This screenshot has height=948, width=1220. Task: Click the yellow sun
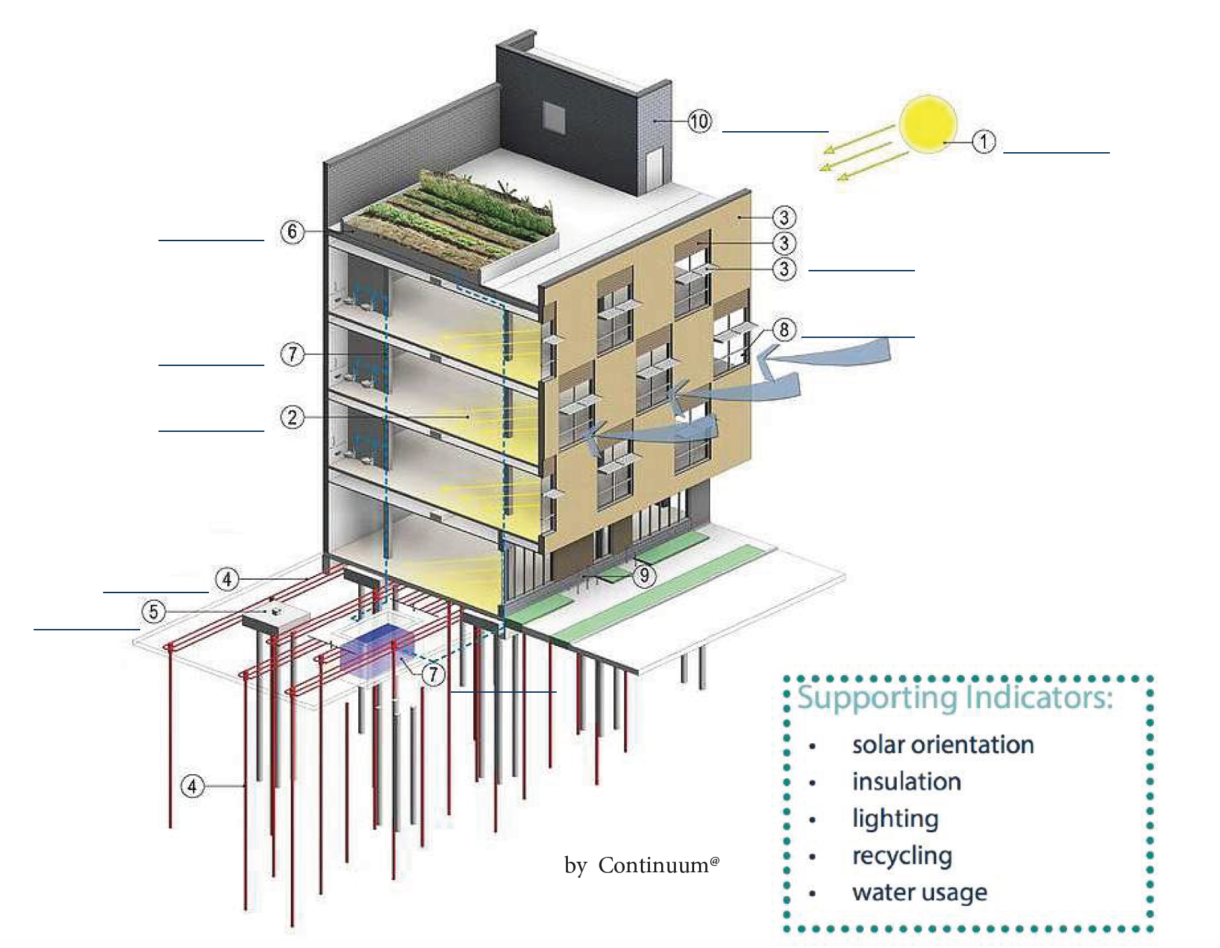[x=928, y=124]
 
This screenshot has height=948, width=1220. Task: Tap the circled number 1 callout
[x=984, y=142]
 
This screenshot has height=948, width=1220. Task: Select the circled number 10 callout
[x=699, y=121]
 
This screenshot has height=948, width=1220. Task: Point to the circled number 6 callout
[x=292, y=231]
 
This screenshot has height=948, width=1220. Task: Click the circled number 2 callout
[x=292, y=418]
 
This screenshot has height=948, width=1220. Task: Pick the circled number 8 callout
[x=784, y=330]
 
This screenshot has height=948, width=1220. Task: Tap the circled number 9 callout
[x=644, y=576]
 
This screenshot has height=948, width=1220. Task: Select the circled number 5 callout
[x=154, y=611]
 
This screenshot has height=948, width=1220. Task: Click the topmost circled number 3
[x=784, y=217]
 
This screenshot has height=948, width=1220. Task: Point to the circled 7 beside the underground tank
[x=433, y=675]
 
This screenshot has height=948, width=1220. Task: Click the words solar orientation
[x=942, y=745]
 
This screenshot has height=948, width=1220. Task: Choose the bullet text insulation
[x=906, y=782]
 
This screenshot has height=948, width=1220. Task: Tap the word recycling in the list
[x=902, y=855]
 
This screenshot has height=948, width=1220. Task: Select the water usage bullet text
[x=919, y=893]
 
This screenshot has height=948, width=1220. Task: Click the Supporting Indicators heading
[x=954, y=698]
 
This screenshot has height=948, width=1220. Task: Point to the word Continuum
[x=653, y=865]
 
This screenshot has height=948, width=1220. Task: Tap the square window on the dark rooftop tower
[x=554, y=117]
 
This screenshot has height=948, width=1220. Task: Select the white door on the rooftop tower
[x=653, y=168]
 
